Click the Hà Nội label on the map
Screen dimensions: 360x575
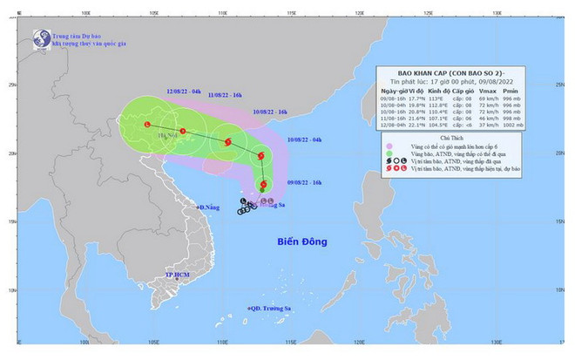point(165,135)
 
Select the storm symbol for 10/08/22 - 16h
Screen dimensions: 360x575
point(227,141)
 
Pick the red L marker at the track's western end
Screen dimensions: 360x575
point(145,126)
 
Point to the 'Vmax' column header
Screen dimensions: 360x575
point(508,89)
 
